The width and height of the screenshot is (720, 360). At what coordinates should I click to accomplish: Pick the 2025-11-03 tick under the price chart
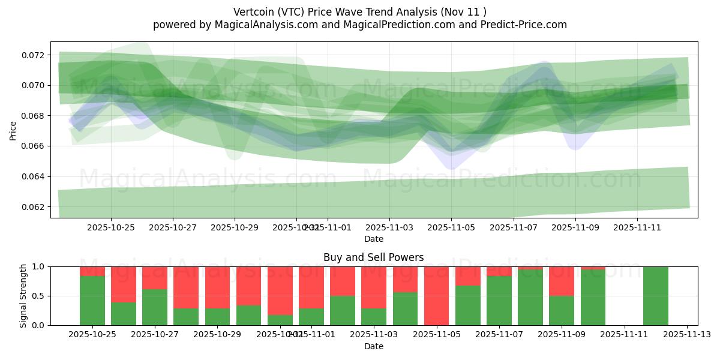click(389, 228)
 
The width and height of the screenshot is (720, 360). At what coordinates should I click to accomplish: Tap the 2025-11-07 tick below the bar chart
click(499, 335)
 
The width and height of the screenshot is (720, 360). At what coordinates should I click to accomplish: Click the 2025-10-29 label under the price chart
click(235, 228)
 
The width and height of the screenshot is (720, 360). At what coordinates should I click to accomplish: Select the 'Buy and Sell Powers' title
click(373, 257)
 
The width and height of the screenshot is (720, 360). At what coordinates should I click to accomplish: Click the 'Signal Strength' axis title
click(23, 296)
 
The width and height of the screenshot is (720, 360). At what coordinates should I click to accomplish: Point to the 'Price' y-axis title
click(13, 130)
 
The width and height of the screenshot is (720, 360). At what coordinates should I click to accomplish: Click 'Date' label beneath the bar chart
click(373, 346)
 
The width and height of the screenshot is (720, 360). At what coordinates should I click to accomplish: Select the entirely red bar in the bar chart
click(436, 296)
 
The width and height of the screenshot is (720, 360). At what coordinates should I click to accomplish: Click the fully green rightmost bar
click(655, 296)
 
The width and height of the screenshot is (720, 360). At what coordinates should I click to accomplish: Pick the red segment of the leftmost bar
click(92, 271)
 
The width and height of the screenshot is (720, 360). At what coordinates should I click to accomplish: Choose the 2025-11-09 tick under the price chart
click(575, 228)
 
